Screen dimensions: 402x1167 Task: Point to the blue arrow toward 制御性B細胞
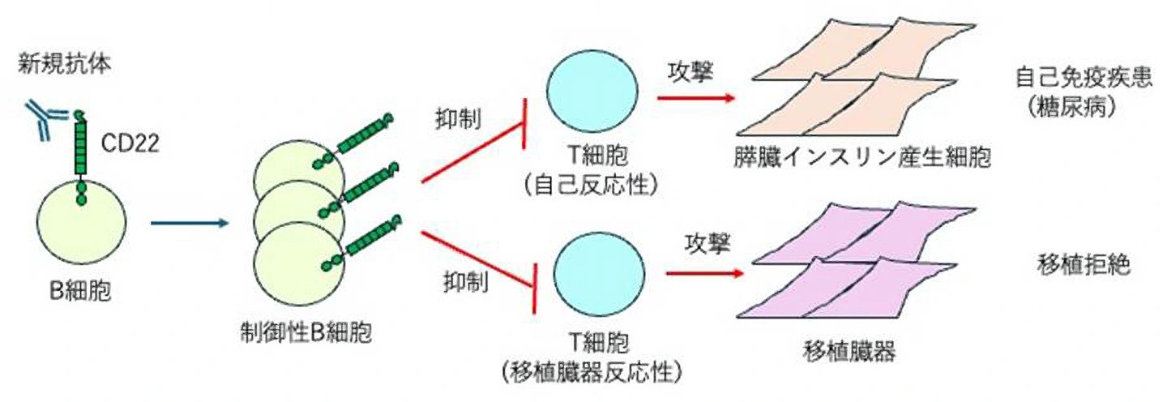point(187,220)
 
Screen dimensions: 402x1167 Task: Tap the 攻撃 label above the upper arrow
point(690,71)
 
